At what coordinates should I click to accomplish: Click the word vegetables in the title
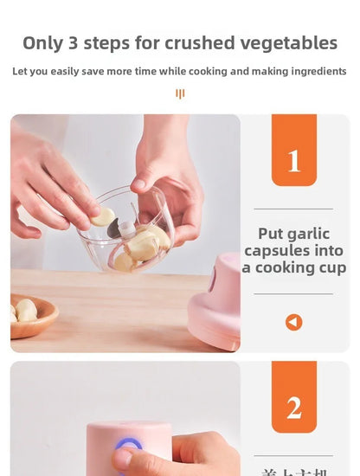point(288,43)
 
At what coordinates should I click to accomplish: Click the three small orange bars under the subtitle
point(180,93)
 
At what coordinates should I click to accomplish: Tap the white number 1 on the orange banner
point(294,160)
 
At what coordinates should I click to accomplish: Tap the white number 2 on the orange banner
point(294,407)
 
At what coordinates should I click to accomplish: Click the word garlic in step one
point(310,234)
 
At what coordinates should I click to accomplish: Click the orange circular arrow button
point(294,322)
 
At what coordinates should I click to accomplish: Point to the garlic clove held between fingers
point(104,216)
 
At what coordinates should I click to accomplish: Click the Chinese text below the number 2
point(293,472)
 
